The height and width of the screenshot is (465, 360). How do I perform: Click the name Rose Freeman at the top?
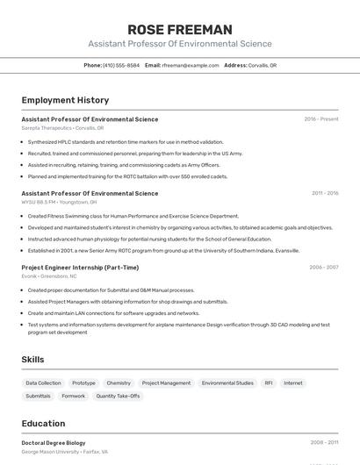pyautogui.click(x=180, y=29)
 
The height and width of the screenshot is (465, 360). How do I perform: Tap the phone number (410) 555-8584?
pyautogui.click(x=121, y=65)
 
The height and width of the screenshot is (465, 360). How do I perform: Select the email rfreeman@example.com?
pyautogui.click(x=190, y=65)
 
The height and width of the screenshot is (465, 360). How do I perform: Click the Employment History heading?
pyautogui.click(x=65, y=100)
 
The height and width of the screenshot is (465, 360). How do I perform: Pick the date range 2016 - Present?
pyautogui.click(x=321, y=118)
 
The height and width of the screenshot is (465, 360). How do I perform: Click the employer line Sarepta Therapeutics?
pyautogui.click(x=62, y=128)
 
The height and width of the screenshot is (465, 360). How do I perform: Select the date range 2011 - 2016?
pyautogui.click(x=325, y=193)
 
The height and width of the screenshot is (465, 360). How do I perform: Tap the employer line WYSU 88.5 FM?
pyautogui.click(x=59, y=202)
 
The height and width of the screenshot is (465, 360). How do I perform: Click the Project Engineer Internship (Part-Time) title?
pyautogui.click(x=80, y=268)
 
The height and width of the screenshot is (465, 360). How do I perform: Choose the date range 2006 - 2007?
pyautogui.click(x=323, y=268)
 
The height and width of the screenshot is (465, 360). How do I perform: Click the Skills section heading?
pyautogui.click(x=32, y=360)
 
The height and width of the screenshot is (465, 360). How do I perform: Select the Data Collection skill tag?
pyautogui.click(x=43, y=383)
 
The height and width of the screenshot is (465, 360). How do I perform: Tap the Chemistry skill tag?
pyautogui.click(x=119, y=383)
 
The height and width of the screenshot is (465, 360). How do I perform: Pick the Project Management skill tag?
pyautogui.click(x=166, y=383)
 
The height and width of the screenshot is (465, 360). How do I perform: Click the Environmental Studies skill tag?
pyautogui.click(x=227, y=383)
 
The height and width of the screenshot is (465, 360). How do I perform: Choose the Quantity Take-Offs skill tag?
pyautogui.click(x=118, y=396)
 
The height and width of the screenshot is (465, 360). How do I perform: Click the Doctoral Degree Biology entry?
pyautogui.click(x=54, y=443)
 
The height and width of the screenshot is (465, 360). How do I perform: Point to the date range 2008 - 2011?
pyautogui.click(x=325, y=443)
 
